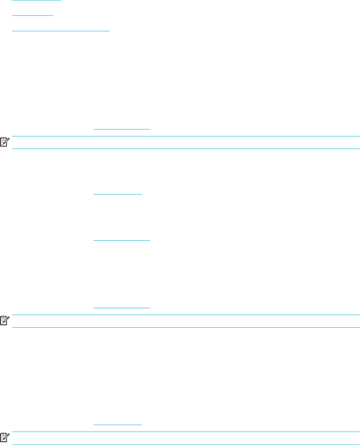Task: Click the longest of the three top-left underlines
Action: (61, 31)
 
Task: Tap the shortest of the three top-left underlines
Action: (33, 15)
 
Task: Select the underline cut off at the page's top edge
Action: (37, 0)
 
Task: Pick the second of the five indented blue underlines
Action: (118, 194)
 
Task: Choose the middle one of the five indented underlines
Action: (121, 240)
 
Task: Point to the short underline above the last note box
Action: (118, 425)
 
